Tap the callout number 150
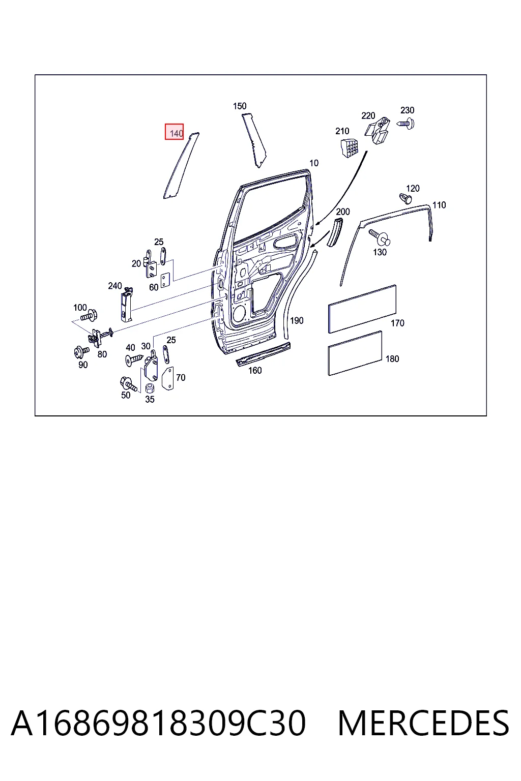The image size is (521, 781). (x=240, y=106)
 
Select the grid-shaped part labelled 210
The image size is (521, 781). (x=350, y=148)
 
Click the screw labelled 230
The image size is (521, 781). (x=406, y=124)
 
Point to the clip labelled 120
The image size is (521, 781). (x=405, y=198)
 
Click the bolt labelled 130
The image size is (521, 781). (x=380, y=237)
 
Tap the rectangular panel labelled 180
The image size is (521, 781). (x=355, y=353)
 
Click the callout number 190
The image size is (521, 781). (x=297, y=320)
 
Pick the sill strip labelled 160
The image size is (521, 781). (x=264, y=354)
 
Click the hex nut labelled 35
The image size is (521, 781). (x=150, y=388)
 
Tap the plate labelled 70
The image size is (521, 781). (x=168, y=378)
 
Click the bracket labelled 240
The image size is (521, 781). (x=126, y=305)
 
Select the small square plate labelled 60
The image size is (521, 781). (x=165, y=280)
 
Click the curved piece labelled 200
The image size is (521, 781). (x=334, y=232)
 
